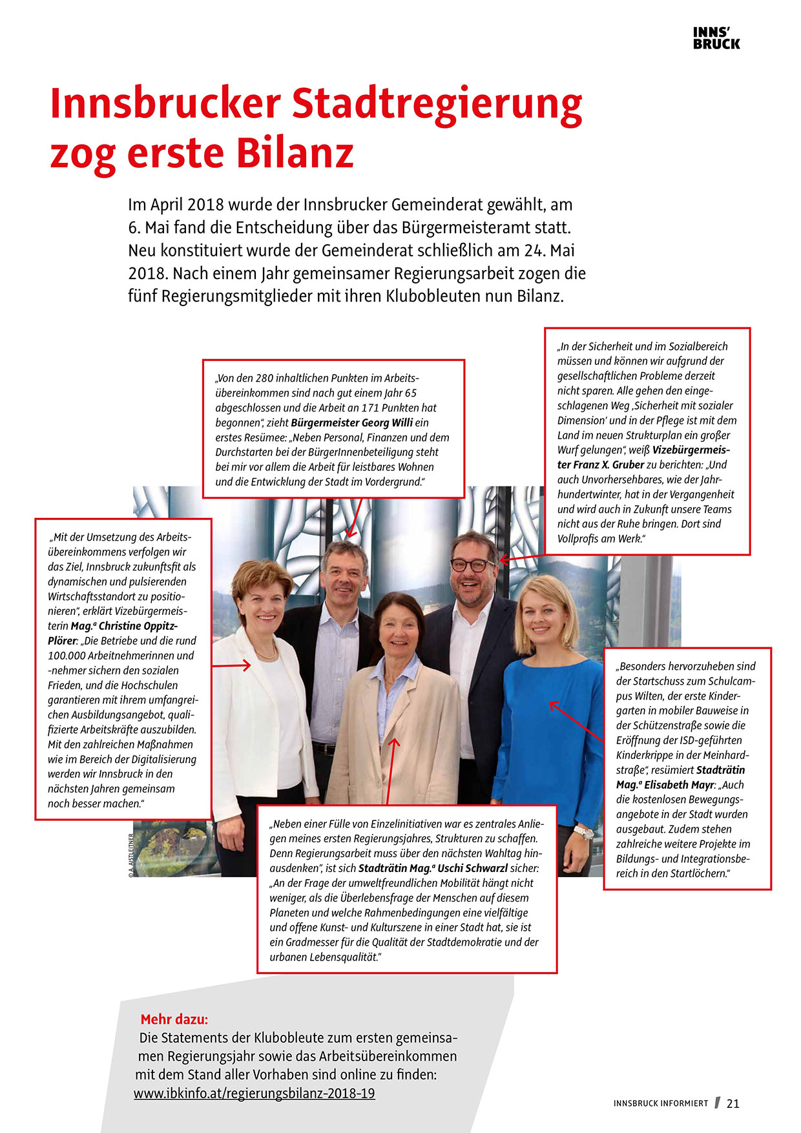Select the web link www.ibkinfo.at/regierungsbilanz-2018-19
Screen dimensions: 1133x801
tap(254, 1093)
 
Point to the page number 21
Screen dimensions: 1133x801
tap(733, 1103)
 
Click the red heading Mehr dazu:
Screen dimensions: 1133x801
tap(174, 1019)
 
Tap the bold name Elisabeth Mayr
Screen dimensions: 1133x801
tap(678, 785)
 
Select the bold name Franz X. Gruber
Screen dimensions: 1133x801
tap(601, 464)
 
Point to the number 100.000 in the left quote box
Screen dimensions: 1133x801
tap(67, 656)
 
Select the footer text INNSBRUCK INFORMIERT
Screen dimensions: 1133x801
tap(661, 1103)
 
